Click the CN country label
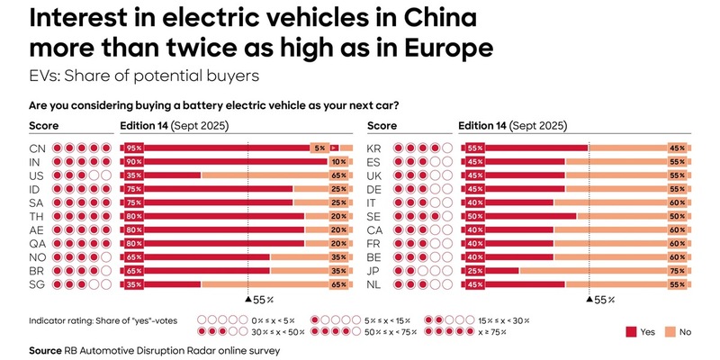coord(37,148)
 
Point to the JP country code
coord(377,270)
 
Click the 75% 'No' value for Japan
coord(677,270)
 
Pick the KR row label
coord(377,148)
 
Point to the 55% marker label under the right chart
coord(603,299)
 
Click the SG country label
coord(37,283)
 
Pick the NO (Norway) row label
coord(37,256)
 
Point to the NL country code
coord(377,283)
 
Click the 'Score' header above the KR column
coord(382,125)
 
